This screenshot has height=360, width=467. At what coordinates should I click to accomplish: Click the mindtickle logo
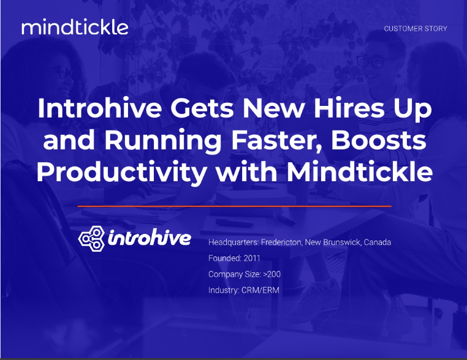[x=75, y=28]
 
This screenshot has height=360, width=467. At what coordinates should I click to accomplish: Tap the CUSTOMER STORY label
[x=416, y=29]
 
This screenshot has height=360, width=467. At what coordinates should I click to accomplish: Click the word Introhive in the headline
[x=99, y=108]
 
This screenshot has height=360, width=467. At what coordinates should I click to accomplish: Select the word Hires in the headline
[x=349, y=108]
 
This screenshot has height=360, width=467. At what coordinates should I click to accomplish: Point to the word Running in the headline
[x=163, y=141]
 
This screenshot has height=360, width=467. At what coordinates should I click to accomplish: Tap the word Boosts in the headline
[x=379, y=140]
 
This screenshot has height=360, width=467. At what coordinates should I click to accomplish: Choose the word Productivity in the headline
[x=121, y=173]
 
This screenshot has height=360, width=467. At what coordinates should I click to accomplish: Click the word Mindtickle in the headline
[x=360, y=171]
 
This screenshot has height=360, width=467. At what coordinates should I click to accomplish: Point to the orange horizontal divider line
[x=234, y=206]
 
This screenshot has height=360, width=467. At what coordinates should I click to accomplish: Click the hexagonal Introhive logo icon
[x=91, y=238]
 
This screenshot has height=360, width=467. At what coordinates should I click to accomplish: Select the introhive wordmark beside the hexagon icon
[x=149, y=238]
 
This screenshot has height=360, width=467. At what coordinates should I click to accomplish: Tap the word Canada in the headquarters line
[x=378, y=242]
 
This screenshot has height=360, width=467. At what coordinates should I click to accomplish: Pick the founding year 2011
[x=252, y=258]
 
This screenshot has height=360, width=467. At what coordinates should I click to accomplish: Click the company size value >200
[x=272, y=274]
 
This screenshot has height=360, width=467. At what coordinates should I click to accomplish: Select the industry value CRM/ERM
[x=260, y=290]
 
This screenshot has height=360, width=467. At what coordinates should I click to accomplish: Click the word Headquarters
[x=233, y=242]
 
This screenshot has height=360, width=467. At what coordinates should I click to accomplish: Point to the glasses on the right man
[x=371, y=61]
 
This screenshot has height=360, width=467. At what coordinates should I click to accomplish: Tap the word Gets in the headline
[x=202, y=108]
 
